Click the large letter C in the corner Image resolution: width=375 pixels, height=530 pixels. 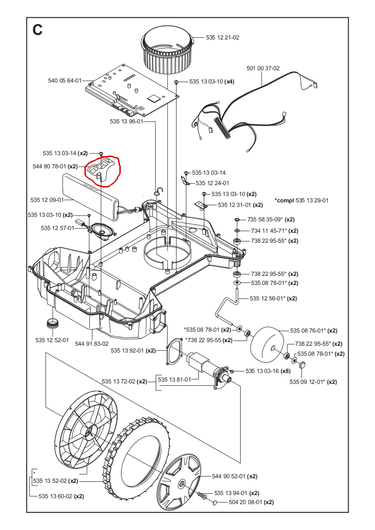38,30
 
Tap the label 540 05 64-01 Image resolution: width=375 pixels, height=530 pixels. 64,81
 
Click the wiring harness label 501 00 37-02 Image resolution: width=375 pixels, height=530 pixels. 263,69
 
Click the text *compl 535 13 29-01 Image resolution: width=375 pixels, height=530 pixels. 301,200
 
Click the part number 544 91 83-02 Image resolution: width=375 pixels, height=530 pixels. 91,344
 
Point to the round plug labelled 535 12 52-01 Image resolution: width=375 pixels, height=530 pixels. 54,324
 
